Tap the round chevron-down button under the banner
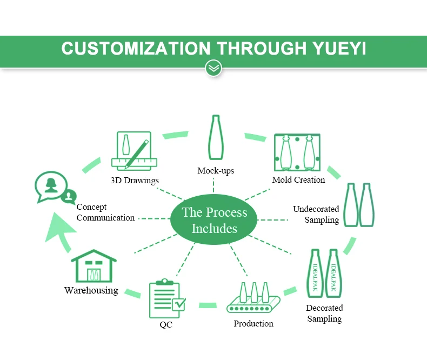(x=214, y=68)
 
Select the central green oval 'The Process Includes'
(x=214, y=220)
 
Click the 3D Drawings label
(x=135, y=180)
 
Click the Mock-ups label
(x=216, y=171)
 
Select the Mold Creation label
(x=298, y=179)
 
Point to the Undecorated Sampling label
(x=316, y=214)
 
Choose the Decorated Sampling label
(x=324, y=313)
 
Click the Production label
(x=253, y=323)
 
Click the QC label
(x=166, y=325)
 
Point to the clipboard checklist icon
(x=166, y=299)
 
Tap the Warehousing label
(x=91, y=290)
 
